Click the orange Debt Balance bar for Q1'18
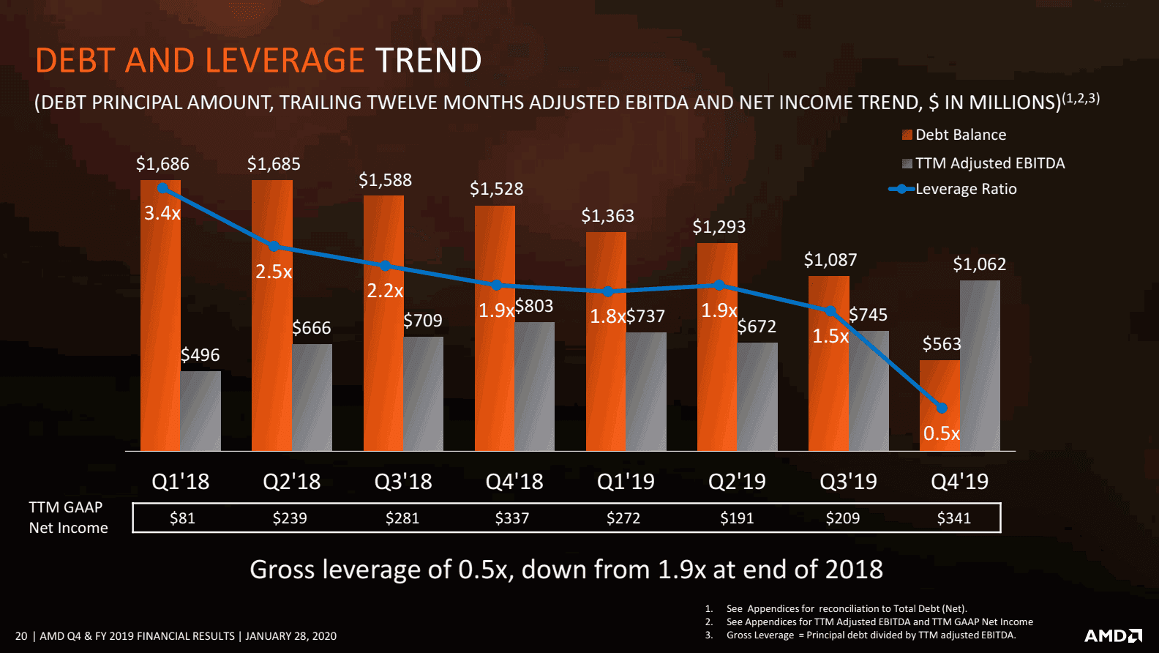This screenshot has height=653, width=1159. pos(160,329)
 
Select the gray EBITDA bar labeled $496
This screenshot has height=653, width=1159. pos(200,411)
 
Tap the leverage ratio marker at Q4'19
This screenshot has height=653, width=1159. pos(942,408)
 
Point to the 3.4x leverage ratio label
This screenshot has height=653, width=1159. pos(162,213)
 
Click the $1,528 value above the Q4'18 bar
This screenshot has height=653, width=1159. pos(496,189)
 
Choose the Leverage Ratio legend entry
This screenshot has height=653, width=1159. pos(953,189)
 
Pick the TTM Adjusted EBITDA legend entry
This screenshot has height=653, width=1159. pos(983,163)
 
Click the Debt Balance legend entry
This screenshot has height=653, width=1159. pos(954,135)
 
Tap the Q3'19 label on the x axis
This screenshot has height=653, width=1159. pos(848,481)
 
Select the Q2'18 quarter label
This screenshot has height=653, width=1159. pos(291,481)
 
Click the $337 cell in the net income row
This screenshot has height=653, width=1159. pos(511,518)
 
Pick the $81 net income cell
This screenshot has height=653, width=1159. pos(182,518)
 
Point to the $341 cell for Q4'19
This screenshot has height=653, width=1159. pos(953,518)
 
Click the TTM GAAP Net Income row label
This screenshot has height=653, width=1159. pos(67,518)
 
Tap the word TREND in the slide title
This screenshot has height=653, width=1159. pos(428,60)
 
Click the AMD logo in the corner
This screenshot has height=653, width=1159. pos(1112,635)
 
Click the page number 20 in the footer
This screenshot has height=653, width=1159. pos(21,636)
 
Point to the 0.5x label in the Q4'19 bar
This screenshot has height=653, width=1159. pos(941,433)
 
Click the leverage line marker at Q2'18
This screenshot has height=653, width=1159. pos(274,246)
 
